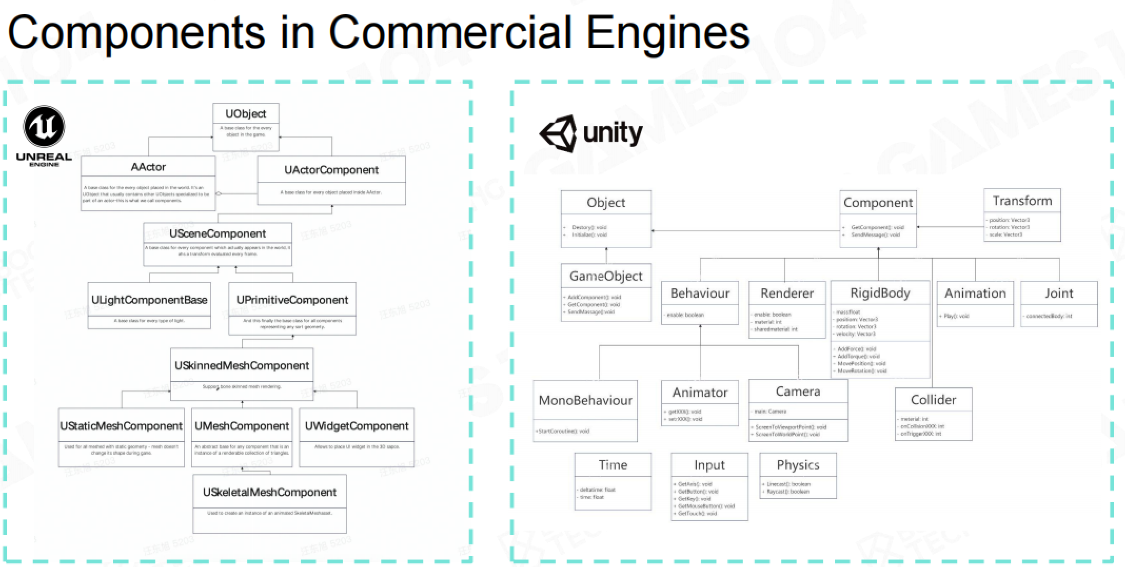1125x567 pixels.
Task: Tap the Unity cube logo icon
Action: pyautogui.click(x=559, y=133)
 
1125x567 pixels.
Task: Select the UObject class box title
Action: pyautogui.click(x=245, y=114)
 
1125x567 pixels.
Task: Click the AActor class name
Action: pyautogui.click(x=148, y=167)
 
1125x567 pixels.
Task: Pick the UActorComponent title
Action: pyautogui.click(x=331, y=170)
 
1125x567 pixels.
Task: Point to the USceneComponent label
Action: pyautogui.click(x=218, y=233)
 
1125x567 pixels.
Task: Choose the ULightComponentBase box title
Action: pyautogui.click(x=149, y=300)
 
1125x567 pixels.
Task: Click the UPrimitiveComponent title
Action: pyautogui.click(x=292, y=300)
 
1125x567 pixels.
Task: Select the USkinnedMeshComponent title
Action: pyautogui.click(x=242, y=365)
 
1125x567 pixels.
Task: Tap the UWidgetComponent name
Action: pyautogui.click(x=357, y=426)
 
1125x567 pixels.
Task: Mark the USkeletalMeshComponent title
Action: pyautogui.click(x=270, y=492)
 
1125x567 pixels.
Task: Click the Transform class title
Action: pyautogui.click(x=1022, y=201)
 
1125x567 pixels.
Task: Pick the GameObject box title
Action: pyautogui.click(x=606, y=276)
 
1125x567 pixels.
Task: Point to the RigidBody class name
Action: pyautogui.click(x=880, y=293)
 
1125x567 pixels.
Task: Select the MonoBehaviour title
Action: pyautogui.click(x=586, y=400)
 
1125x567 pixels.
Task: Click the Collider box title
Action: pyautogui.click(x=933, y=400)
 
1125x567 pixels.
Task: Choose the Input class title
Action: pyautogui.click(x=709, y=465)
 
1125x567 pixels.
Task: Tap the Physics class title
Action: pyautogui.click(x=798, y=465)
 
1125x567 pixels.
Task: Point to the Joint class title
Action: pyautogui.click(x=1059, y=294)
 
